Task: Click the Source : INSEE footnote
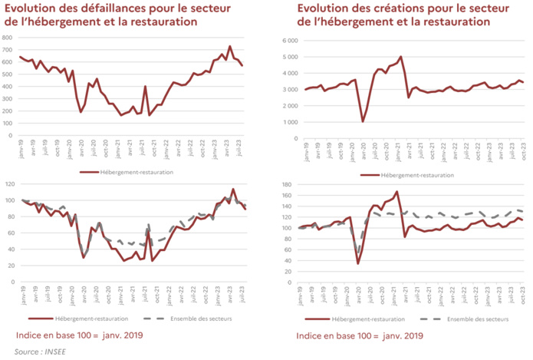[38, 351]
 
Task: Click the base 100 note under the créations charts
[360, 335]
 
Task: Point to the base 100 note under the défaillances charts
[79, 335]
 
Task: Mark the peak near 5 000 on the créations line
[400, 57]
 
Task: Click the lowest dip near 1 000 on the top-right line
[363, 121]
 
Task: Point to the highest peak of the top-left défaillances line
[230, 46]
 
